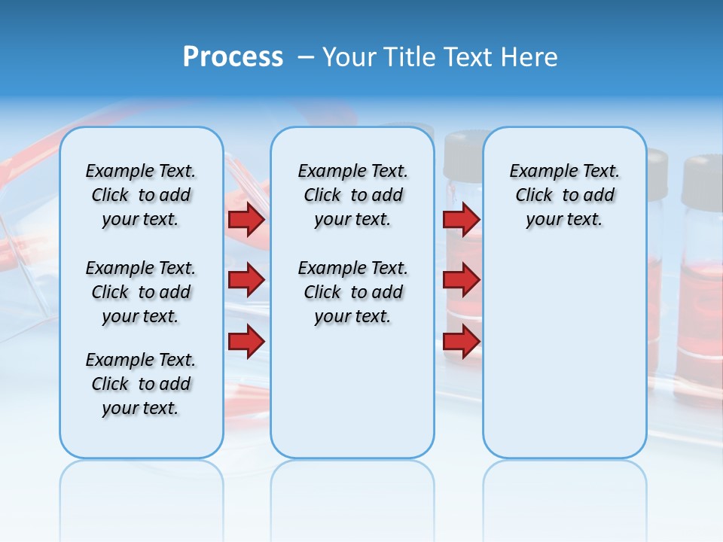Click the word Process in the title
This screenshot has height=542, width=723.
click(233, 57)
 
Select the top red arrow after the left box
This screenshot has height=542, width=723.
click(246, 220)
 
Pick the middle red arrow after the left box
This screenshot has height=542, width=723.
click(246, 280)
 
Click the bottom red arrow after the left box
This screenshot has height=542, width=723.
click(246, 341)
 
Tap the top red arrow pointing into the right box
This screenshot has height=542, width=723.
click(461, 220)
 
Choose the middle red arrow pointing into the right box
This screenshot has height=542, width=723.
click(461, 280)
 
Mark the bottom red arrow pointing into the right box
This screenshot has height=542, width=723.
click(461, 341)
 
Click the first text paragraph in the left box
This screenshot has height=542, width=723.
click(141, 195)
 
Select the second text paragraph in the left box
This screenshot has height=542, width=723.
click(141, 292)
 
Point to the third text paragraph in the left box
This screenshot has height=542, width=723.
click(141, 384)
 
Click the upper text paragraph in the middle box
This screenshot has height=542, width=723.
click(352, 195)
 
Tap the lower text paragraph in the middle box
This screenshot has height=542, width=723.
click(352, 292)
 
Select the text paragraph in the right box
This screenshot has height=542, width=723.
click(564, 195)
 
